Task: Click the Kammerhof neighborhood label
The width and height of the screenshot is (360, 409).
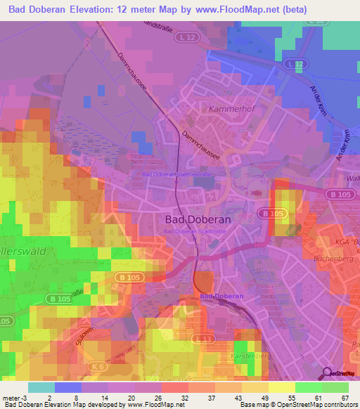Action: tap(230, 109)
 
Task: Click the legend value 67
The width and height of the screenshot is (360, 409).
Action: tap(344, 397)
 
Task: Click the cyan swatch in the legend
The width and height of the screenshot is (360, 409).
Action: tap(41, 387)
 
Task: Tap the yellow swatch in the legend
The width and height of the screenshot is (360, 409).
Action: tap(282, 387)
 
